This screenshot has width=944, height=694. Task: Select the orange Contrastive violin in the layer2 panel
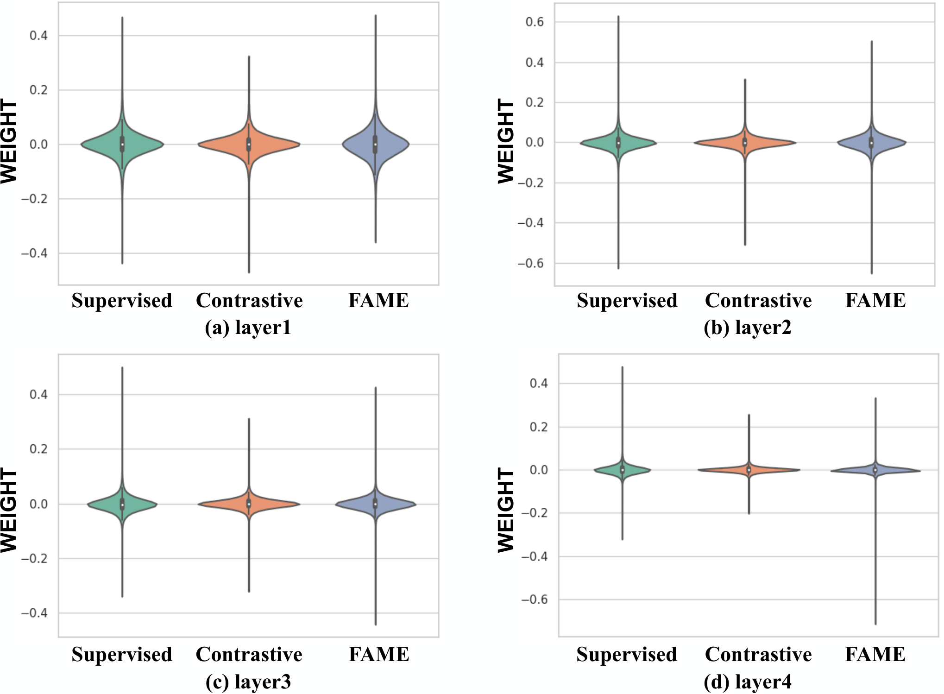coord(745,143)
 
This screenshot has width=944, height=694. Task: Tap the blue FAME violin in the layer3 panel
coord(375,504)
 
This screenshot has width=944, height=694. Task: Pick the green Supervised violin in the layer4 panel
coord(623,470)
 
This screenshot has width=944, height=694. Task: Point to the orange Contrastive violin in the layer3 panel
coord(249,504)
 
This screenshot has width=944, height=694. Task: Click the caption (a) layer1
coord(248,328)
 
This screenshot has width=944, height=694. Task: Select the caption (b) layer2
coord(748,328)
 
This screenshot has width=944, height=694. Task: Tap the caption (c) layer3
coord(248,682)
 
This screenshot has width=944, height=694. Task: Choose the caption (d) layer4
coord(748,682)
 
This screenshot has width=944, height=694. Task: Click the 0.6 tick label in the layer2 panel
coord(535,22)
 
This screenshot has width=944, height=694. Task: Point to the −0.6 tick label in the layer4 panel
coord(534,599)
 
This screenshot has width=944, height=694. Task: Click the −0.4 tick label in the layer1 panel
coord(35,253)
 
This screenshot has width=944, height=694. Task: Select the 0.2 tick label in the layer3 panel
coord(38,449)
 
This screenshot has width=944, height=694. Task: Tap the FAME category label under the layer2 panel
coord(875,300)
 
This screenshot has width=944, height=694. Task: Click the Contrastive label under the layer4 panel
coord(758,654)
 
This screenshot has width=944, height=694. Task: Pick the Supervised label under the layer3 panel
coord(122,654)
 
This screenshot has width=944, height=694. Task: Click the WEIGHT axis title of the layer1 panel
coord(9,141)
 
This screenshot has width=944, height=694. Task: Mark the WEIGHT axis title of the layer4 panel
coord(506,510)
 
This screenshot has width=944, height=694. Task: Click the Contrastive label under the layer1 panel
coord(249,300)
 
